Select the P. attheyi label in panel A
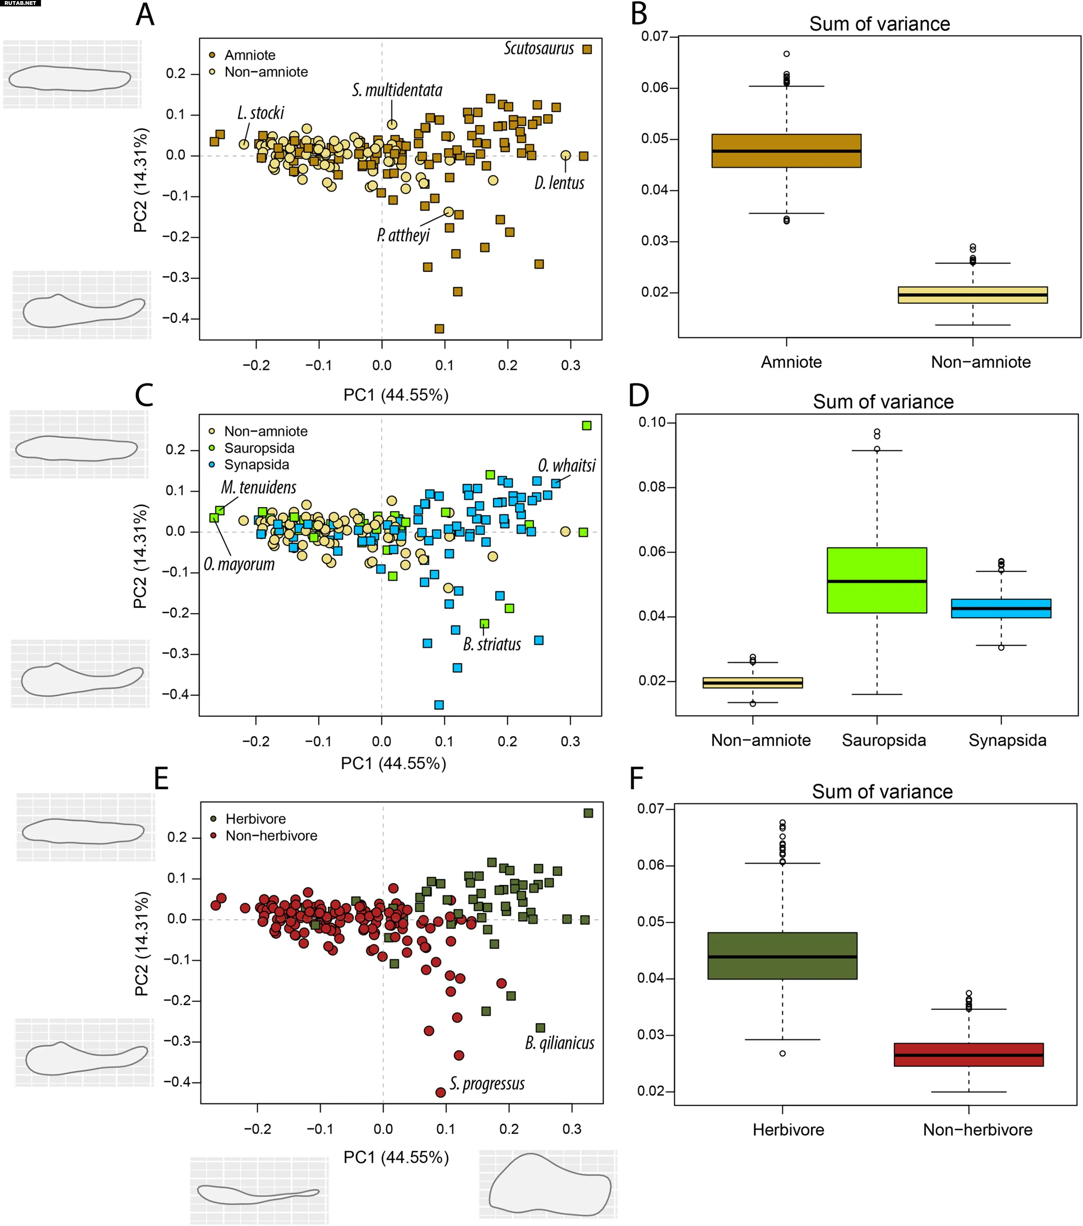tap(403, 235)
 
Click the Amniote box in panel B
tap(786, 151)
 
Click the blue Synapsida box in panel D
tap(1000, 608)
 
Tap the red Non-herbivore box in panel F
tap(968, 1055)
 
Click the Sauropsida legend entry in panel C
tap(259, 448)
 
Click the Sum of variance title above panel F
tap(881, 792)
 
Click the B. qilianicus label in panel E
tap(559, 1043)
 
